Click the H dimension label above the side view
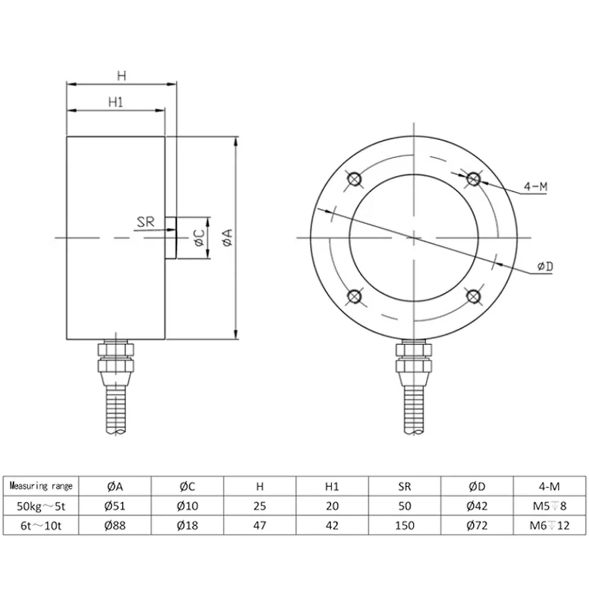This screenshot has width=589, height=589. pos(122,75)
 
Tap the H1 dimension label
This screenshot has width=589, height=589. pos(116,102)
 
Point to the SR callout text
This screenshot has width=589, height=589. pos(146,222)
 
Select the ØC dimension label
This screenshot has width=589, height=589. pos(199,238)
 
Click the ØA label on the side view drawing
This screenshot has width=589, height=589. pos(227,238)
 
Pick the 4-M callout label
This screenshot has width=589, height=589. pos(536,187)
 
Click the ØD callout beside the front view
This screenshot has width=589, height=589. pos(545,267)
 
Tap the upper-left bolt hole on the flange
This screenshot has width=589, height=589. pos(355,179)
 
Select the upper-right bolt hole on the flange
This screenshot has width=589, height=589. pos(473,179)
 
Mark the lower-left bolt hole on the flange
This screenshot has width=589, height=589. pos(355,296)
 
